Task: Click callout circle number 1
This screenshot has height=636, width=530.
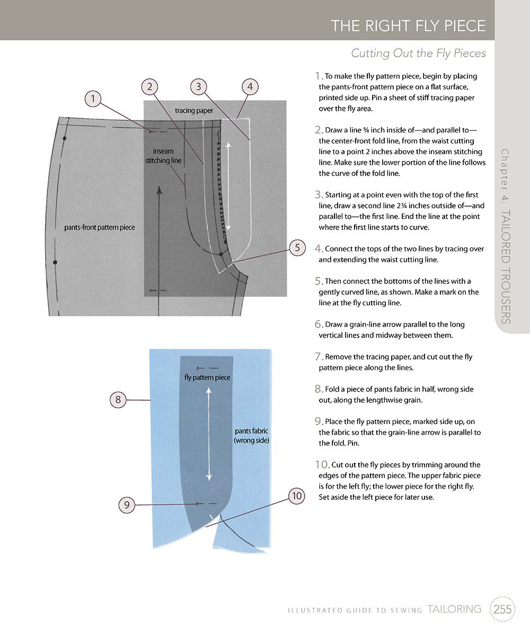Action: [x=93, y=98]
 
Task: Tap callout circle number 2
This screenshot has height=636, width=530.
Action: [x=151, y=86]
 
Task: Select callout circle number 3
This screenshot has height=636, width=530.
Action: [x=198, y=86]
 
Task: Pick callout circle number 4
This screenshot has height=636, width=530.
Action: [x=250, y=86]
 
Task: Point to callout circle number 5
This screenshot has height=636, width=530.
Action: [x=297, y=248]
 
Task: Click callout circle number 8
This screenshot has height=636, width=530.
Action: [x=118, y=399]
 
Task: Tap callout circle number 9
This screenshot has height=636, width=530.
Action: [x=127, y=505]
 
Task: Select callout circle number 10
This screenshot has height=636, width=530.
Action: [x=297, y=496]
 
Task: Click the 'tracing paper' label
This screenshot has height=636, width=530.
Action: [x=194, y=110]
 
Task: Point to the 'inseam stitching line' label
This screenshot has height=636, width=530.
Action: [x=163, y=155]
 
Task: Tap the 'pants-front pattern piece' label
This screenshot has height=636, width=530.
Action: [x=100, y=227]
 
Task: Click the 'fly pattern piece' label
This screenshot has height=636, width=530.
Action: [x=207, y=377]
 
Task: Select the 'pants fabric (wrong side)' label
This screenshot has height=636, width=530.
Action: [x=252, y=436]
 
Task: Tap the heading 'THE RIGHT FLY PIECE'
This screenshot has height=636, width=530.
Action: [x=408, y=26]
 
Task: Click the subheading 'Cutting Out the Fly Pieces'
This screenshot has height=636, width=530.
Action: [x=418, y=54]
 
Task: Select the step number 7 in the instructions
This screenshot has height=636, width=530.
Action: [x=319, y=357]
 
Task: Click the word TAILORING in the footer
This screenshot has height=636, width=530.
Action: [x=454, y=609]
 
